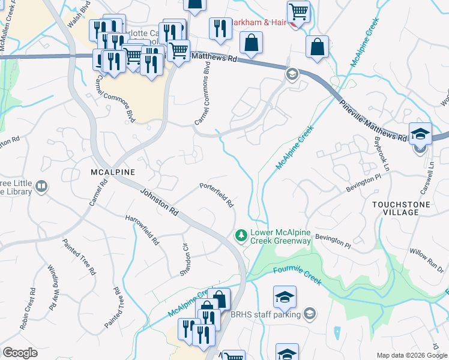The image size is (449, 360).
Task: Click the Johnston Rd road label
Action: [x=159, y=203]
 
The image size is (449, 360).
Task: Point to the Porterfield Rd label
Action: [x=217, y=196]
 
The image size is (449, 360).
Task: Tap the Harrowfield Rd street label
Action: [x=142, y=230]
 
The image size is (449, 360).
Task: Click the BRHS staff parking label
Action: [x=265, y=313]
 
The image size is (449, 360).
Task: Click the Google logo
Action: [x=19, y=353]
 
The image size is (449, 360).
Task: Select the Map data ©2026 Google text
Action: [x=412, y=355]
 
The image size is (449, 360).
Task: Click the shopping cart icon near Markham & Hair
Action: [x=298, y=11]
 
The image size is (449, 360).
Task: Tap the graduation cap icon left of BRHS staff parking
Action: [x=285, y=296]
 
